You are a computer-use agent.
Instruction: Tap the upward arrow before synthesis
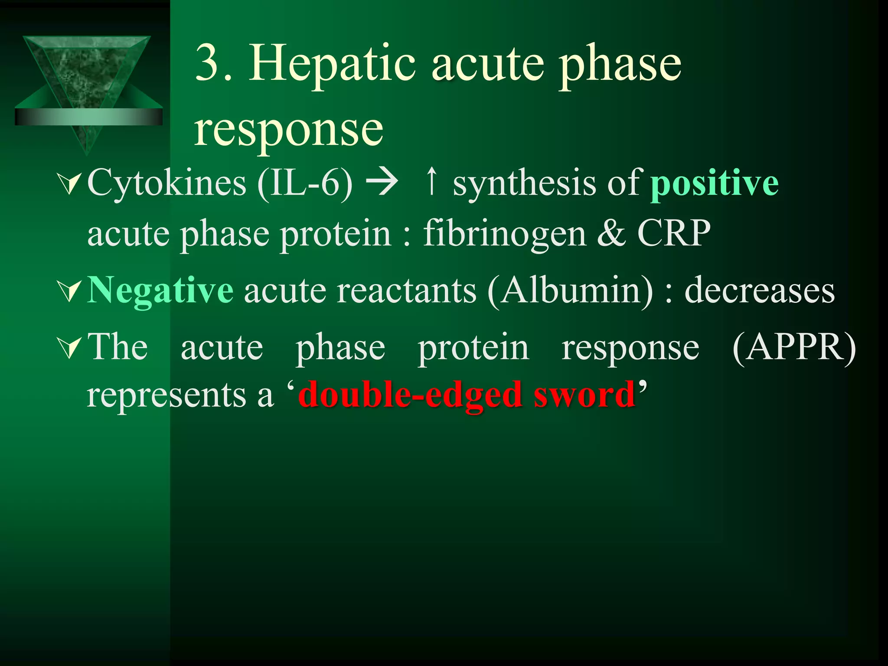pyautogui.click(x=431, y=181)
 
